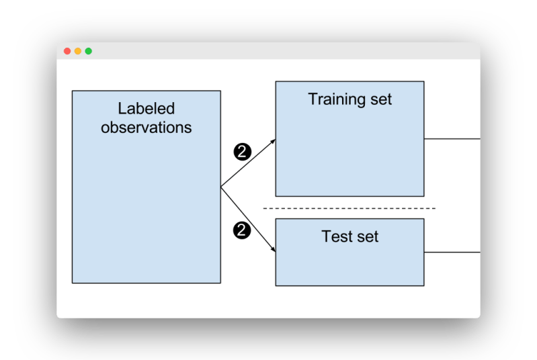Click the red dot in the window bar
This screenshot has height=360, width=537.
[67, 51]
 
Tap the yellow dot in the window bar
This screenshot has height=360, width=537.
[78, 51]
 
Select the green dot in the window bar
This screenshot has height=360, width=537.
[89, 51]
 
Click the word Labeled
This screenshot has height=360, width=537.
[146, 109]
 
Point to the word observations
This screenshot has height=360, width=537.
[146, 128]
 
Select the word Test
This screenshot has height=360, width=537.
[337, 237]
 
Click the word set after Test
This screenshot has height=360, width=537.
[367, 237]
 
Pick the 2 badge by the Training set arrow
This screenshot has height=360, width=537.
[242, 151]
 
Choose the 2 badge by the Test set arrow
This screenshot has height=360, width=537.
[242, 231]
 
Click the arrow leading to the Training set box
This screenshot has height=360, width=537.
[249, 163]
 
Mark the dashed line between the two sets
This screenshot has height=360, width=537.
[349, 208]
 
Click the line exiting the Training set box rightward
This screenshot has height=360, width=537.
[452, 139]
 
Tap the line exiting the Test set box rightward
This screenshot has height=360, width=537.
[452, 253]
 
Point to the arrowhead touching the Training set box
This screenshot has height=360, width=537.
[272, 141]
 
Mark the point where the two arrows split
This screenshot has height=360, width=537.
[221, 187]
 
